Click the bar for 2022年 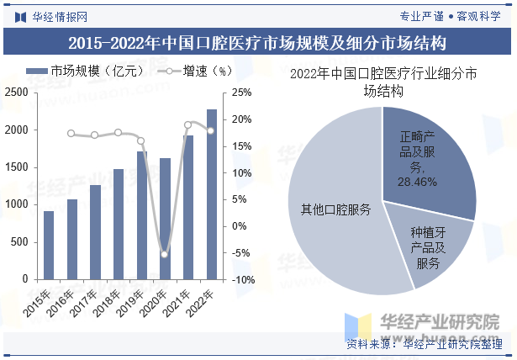tap(211, 194)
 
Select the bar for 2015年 tap(49, 245)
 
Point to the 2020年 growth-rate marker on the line tap(165, 254)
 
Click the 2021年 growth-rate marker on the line tap(188, 124)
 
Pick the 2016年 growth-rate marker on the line tap(71, 134)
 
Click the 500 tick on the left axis tap(18, 242)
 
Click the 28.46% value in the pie tap(418, 182)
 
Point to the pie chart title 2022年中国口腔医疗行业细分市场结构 tap(382, 81)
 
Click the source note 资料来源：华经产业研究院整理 tap(425, 345)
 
